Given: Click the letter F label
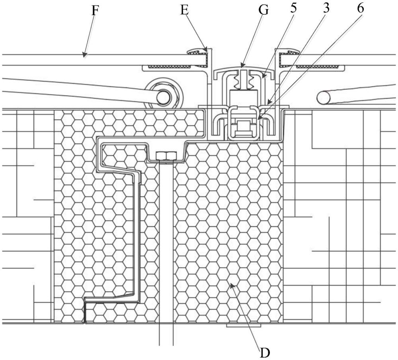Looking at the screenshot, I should pos(94,10).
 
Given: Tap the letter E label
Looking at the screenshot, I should pos(184,10).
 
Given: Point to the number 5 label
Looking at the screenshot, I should pos(294,9).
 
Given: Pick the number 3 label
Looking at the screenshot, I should pos(326,9).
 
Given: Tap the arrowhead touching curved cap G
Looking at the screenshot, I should pos(242,64).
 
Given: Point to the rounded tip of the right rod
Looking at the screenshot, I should pos(323,97).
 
